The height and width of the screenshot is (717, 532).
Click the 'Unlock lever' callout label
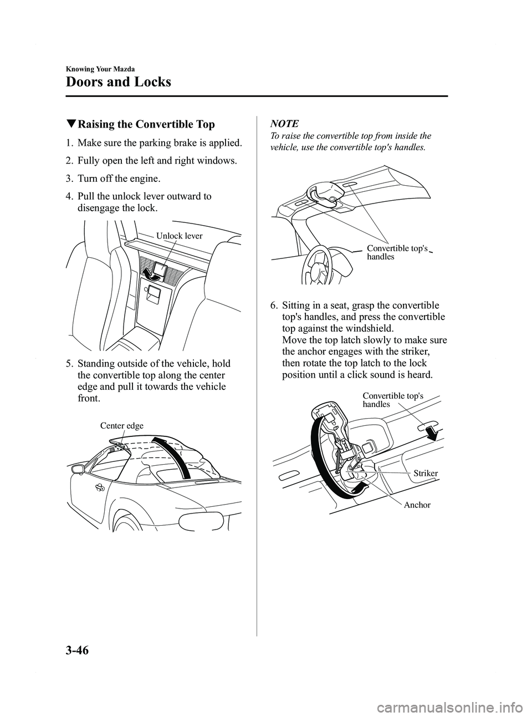pos(179,236)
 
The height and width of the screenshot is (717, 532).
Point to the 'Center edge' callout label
pos(121,426)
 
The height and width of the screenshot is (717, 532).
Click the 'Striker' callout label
pos(426,473)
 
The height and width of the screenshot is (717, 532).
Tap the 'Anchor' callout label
pos(417,505)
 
